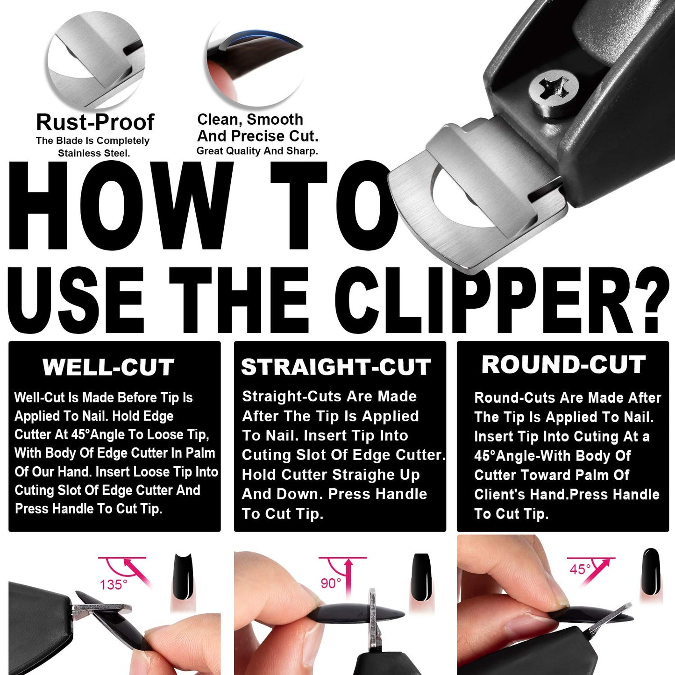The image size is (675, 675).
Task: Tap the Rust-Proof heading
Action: (x=95, y=122)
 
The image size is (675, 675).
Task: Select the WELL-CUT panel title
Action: (x=108, y=367)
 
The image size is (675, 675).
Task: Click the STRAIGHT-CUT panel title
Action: (x=335, y=367)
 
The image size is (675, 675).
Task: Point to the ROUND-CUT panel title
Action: (x=563, y=365)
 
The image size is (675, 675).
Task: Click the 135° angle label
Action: (x=113, y=584)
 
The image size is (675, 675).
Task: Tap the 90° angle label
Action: (x=331, y=583)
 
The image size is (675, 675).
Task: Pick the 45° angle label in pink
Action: (x=580, y=569)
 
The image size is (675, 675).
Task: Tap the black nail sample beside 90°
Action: (x=421, y=577)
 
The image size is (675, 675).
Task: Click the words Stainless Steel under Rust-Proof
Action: (x=93, y=153)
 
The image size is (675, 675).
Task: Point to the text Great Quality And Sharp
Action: (x=257, y=151)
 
